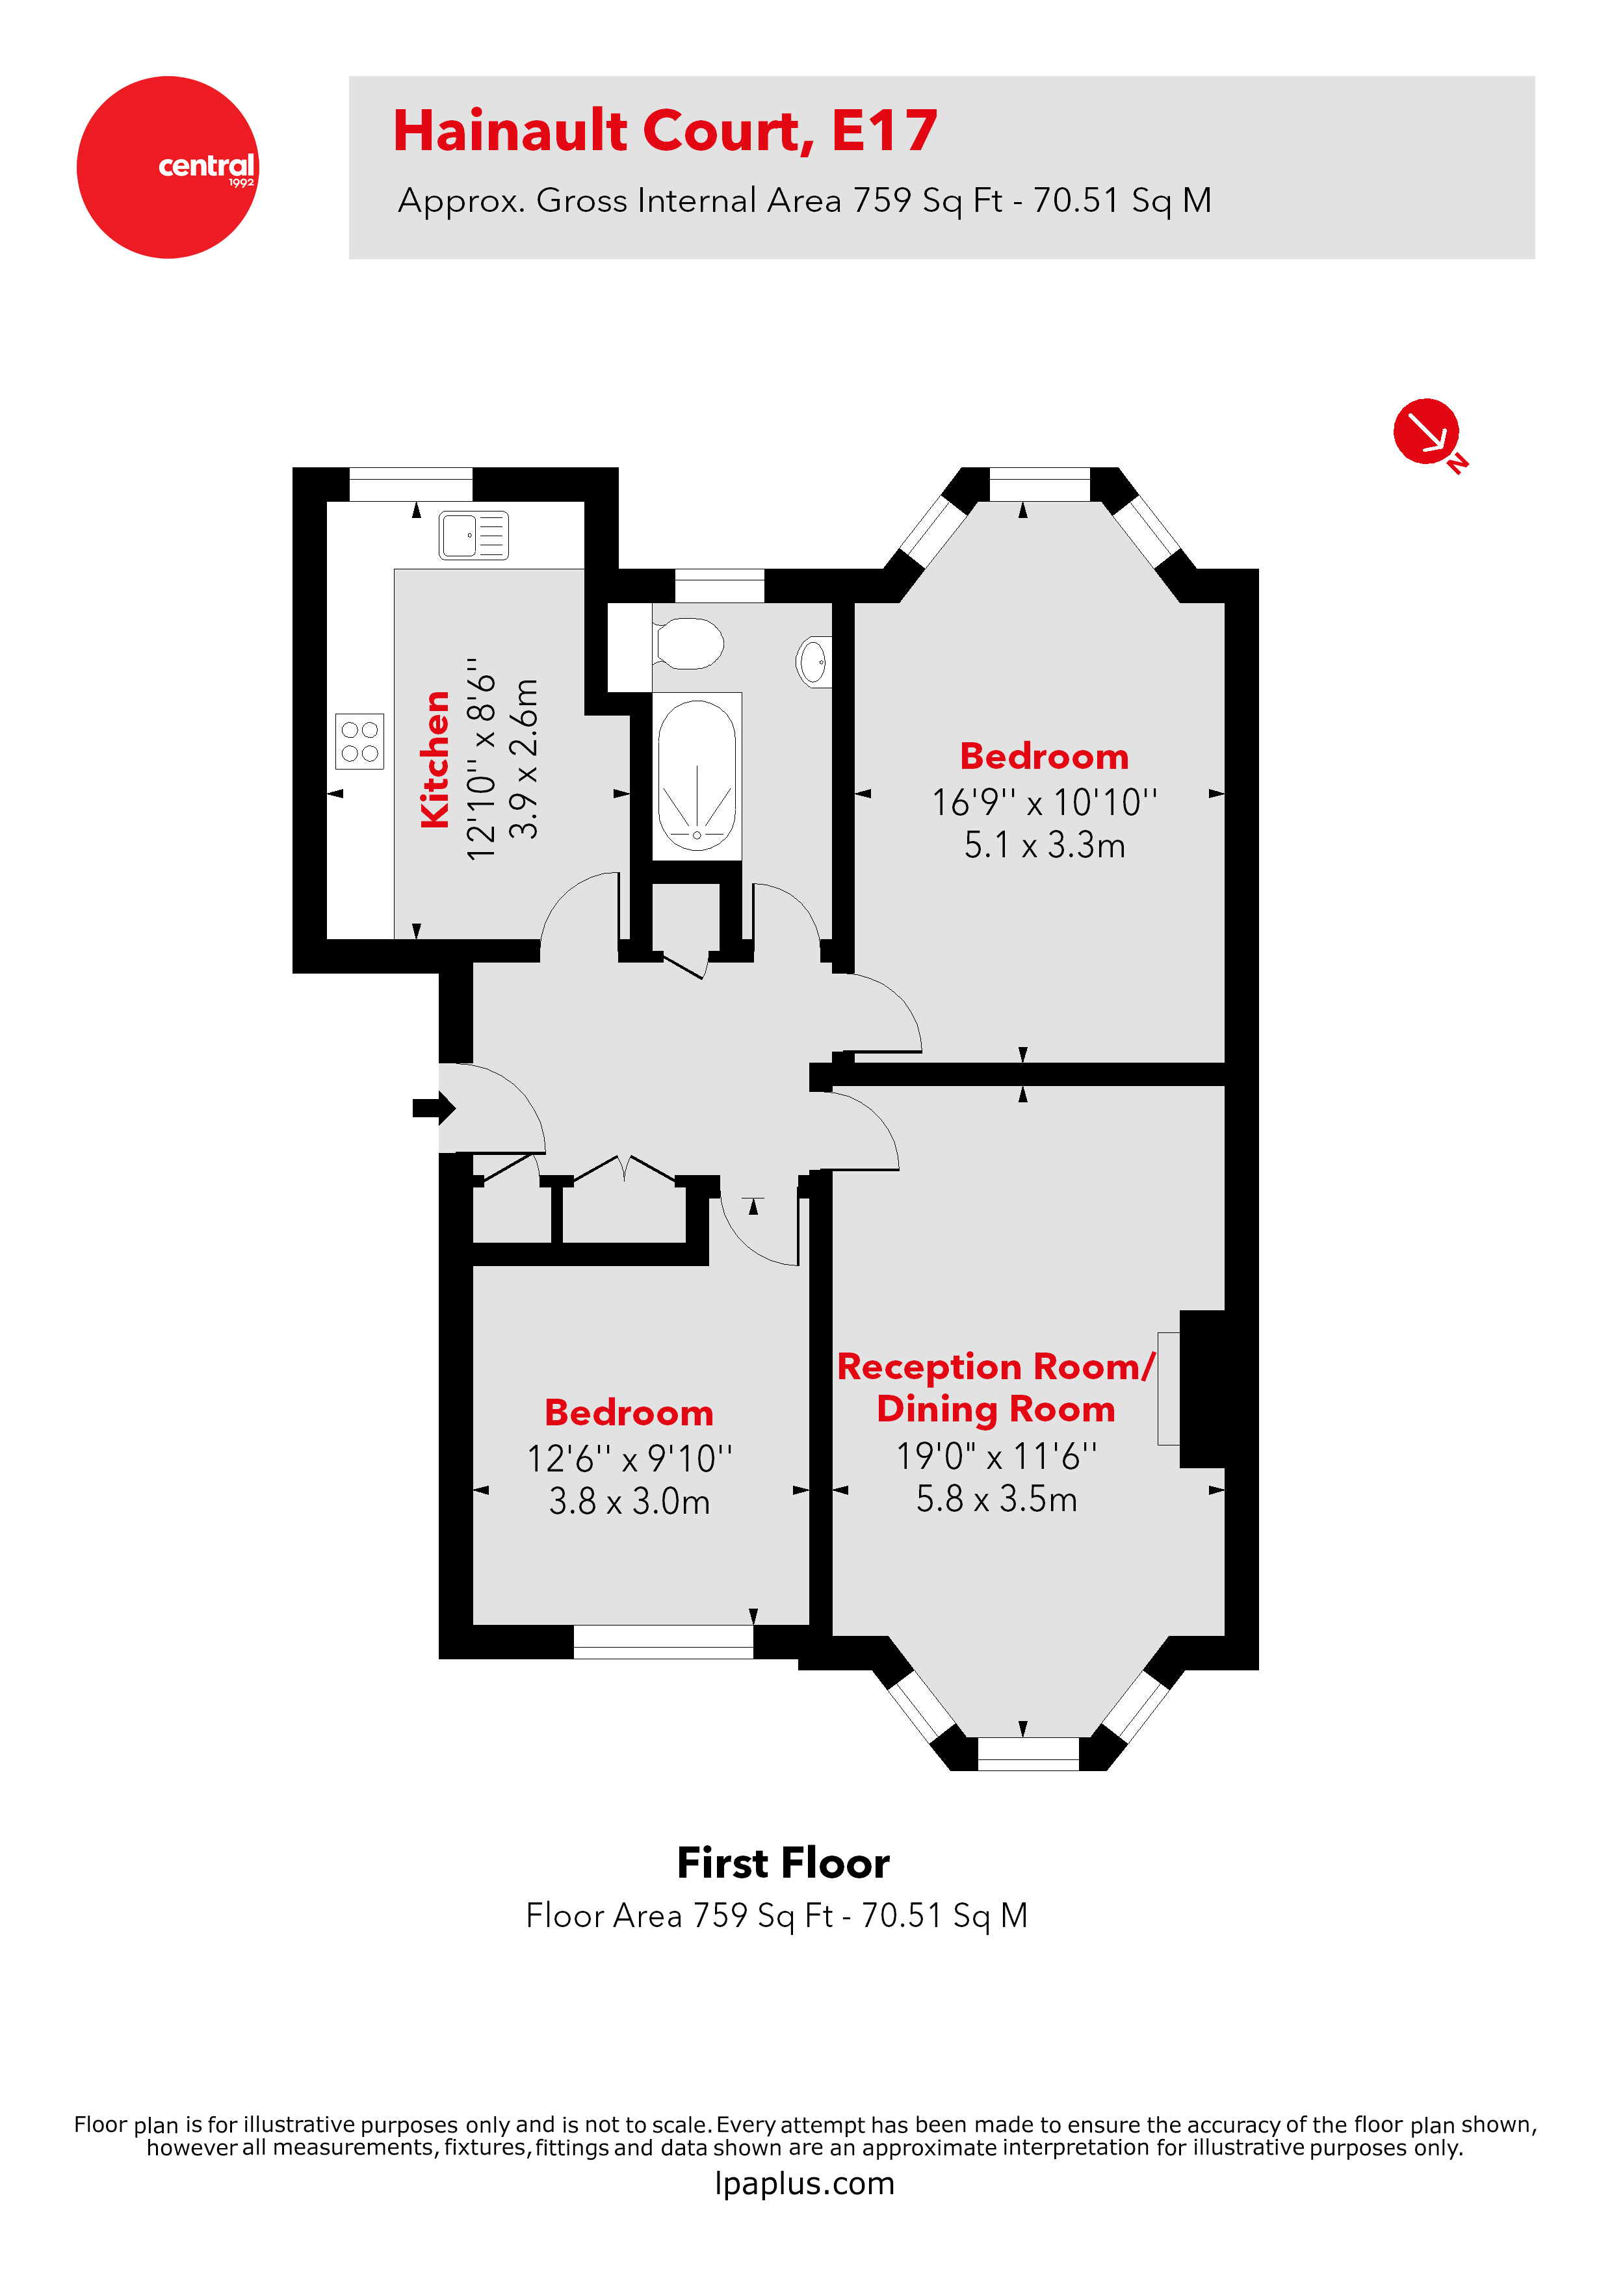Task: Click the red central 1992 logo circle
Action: coord(167,167)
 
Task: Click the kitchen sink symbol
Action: coord(474,536)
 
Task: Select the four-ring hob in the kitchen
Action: coord(359,741)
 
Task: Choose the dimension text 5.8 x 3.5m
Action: coord(996,1499)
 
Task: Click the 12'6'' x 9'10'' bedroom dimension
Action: coord(629,1458)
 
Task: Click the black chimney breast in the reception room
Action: coord(1202,1388)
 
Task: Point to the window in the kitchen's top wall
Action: coord(410,485)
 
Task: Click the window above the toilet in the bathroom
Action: coord(719,586)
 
